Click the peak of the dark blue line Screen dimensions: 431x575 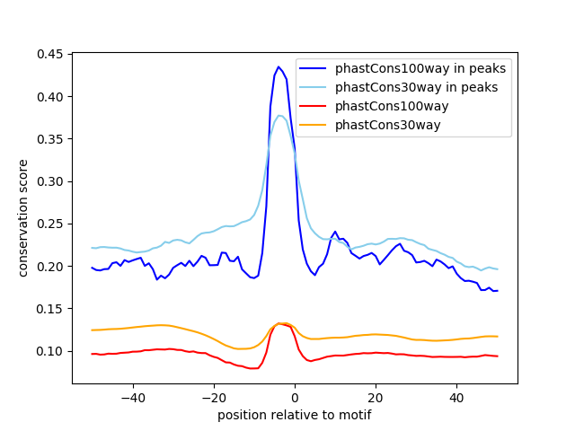[x=279, y=66]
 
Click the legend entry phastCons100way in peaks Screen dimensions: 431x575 [x=420, y=68]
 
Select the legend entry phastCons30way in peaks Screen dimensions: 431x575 [x=416, y=87]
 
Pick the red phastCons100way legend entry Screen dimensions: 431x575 [x=391, y=106]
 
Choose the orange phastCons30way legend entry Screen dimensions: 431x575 [x=387, y=125]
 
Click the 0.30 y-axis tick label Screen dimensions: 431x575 [x=49, y=182]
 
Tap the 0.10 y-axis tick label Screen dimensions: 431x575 [x=49, y=351]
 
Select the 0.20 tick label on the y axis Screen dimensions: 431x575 [x=49, y=267]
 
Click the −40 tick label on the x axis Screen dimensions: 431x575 [x=132, y=398]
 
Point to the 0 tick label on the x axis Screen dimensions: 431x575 [x=295, y=398]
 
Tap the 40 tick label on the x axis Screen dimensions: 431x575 [x=456, y=398]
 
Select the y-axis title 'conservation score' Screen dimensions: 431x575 [x=23, y=219]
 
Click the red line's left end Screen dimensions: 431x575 [x=93, y=354]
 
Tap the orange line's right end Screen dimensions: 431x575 [x=497, y=337]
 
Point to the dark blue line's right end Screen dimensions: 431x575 [x=497, y=291]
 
